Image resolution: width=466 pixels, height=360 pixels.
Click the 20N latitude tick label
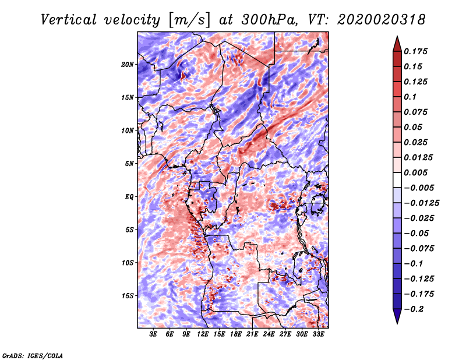point(128,64)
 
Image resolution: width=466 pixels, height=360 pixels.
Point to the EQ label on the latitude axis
point(129,197)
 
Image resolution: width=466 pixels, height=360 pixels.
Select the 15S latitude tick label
point(128,296)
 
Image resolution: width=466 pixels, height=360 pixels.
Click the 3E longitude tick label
point(154,334)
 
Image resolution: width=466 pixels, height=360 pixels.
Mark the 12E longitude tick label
point(203,334)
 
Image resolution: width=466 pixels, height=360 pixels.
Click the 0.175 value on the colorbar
point(418,51)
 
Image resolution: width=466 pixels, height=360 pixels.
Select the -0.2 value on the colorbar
point(416,309)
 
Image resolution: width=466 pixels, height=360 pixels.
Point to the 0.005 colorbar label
point(418,173)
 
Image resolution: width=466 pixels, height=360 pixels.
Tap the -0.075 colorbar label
point(420,249)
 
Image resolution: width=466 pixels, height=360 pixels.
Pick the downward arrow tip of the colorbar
point(396,322)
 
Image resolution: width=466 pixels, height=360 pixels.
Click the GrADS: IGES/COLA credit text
point(32,355)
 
